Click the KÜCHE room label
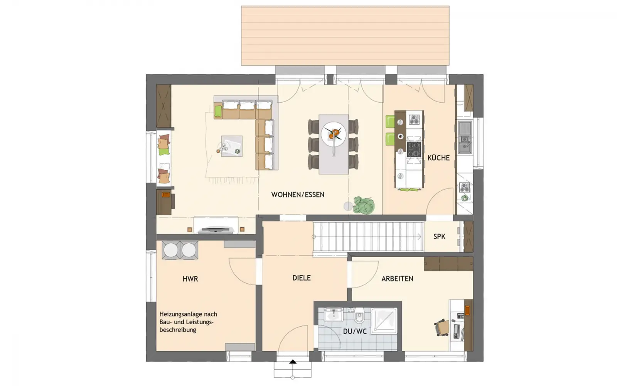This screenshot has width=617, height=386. pyautogui.click(x=438, y=158)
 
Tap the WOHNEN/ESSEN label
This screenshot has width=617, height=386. pyautogui.click(x=298, y=195)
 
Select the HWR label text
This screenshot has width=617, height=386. pyautogui.click(x=190, y=279)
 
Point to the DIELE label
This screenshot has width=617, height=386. pyautogui.click(x=302, y=278)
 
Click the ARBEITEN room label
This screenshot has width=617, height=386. pyautogui.click(x=397, y=279)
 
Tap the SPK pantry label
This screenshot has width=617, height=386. pyautogui.click(x=439, y=237)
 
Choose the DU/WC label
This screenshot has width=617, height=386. pyautogui.click(x=355, y=332)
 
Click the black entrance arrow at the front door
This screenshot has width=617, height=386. pyautogui.click(x=293, y=362)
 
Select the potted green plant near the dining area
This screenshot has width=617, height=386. pyautogui.click(x=364, y=205)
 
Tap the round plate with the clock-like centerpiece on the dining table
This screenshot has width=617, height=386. pyautogui.click(x=334, y=134)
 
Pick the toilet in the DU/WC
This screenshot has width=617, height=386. pyautogui.click(x=359, y=316)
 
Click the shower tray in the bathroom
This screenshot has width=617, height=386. pyautogui.click(x=384, y=321)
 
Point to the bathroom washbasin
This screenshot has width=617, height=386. pyautogui.click(x=333, y=315)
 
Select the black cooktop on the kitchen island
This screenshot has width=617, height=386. pyautogui.click(x=414, y=149)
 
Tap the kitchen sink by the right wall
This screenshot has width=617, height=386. pyautogui.click(x=465, y=137)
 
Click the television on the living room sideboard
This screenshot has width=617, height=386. pyautogui.click(x=216, y=229)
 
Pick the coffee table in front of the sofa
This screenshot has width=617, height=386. pyautogui.click(x=232, y=146)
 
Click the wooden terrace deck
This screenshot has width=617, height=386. pyautogui.click(x=345, y=36)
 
